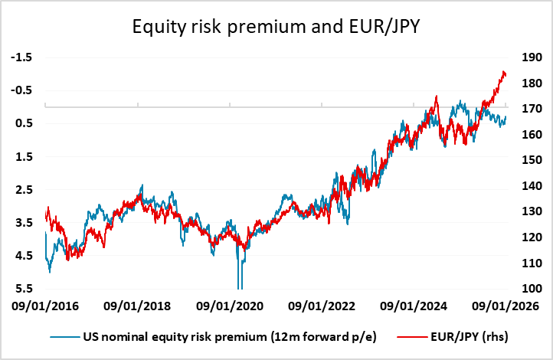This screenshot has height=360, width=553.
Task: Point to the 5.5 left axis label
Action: pos(25,289)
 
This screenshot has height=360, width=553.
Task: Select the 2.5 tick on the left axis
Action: pos(25,189)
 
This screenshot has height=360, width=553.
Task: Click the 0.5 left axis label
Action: pos(25,123)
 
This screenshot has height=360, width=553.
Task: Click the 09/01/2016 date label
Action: pos(45,306)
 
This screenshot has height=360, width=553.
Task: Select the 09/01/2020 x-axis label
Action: pos(229,306)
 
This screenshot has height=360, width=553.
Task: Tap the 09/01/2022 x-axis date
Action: pos(322,306)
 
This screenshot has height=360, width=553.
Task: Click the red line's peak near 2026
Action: pos(503,72)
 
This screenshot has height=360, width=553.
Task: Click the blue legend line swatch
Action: pos(64,336)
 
